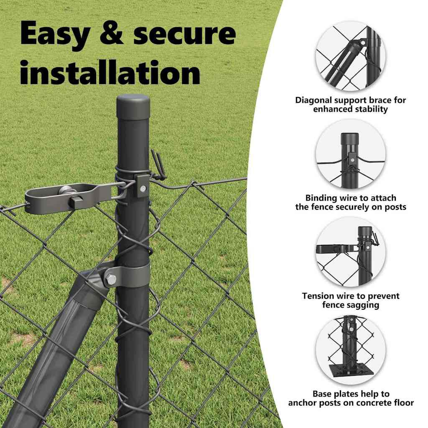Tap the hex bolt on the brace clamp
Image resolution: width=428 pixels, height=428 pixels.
point(111,279)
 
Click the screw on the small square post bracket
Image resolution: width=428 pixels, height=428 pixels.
point(143,189)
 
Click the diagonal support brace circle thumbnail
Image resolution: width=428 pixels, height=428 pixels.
point(351,56)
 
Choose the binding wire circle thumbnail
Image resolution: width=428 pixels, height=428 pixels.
point(351,154)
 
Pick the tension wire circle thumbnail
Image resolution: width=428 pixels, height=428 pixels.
point(351,252)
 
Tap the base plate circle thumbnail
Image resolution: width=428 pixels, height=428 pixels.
point(351,350)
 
